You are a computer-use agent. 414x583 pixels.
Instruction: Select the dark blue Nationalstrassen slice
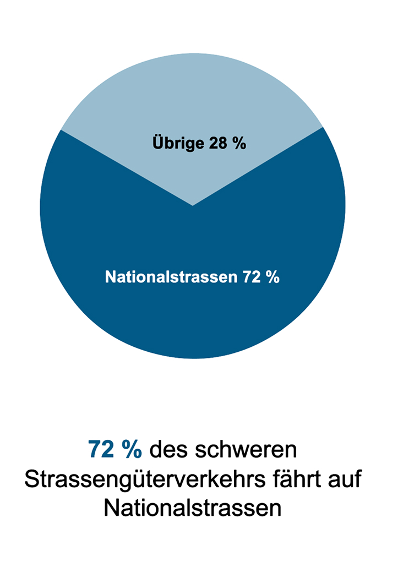pos(193,319)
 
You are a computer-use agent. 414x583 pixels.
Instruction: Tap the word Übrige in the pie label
pos(171,144)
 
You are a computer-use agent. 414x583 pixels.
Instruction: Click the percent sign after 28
pos(237,144)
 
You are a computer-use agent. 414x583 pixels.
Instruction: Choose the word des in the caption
pos(167,450)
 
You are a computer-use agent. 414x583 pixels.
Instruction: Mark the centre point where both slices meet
pos(193,206)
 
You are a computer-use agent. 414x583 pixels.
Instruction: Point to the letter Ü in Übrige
pos(156,144)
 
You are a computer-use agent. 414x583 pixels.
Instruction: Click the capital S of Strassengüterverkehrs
pos(32,480)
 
